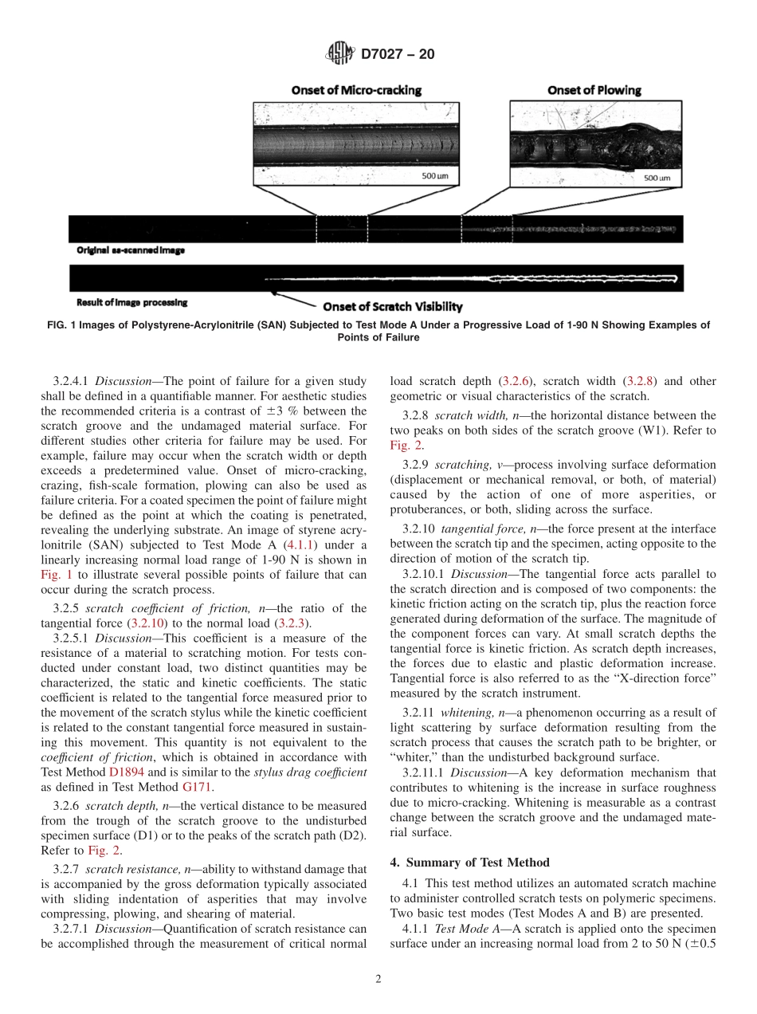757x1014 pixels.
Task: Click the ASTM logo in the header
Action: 340,54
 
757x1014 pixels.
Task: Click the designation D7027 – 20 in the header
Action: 398,55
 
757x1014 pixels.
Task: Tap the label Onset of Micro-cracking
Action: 356,90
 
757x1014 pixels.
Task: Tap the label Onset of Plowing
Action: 594,90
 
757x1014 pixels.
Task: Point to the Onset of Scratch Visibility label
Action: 392,306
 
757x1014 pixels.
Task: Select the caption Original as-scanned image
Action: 131,250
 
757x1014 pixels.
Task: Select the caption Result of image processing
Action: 131,302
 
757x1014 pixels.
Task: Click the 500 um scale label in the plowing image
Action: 656,178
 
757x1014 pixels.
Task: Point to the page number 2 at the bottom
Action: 378,979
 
